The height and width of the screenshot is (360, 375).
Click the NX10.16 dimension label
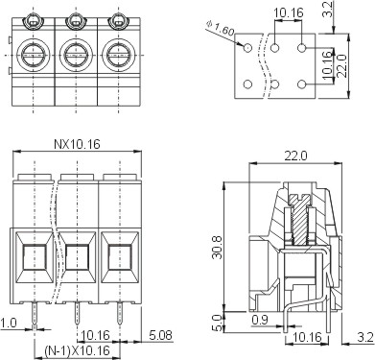coord(77,144)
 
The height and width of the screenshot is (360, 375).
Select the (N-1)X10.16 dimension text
coord(77,351)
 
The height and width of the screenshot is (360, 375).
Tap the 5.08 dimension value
coord(161,335)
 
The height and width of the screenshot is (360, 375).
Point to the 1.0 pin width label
coord(9,323)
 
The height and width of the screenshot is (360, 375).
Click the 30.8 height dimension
coord(219,247)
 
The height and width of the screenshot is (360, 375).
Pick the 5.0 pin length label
coord(217,323)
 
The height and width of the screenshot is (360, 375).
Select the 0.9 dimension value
coord(260,320)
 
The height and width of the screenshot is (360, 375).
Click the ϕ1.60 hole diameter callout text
coord(221,28)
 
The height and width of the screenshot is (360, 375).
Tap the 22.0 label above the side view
coord(296,156)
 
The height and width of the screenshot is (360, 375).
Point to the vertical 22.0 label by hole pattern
coord(341,65)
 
